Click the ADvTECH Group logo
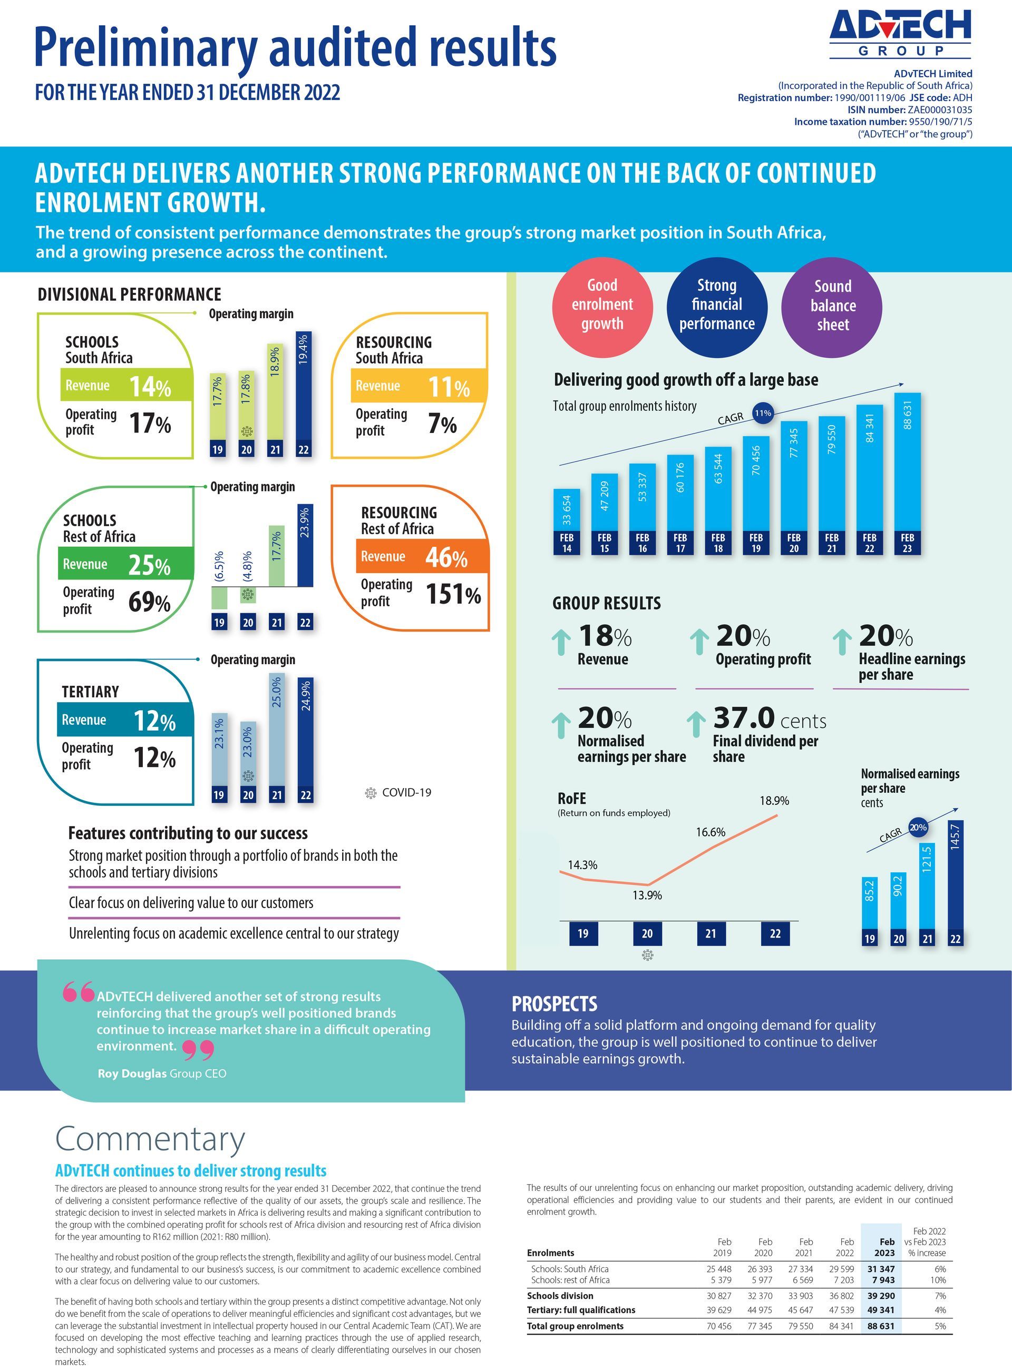click(900, 34)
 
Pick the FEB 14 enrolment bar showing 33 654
click(567, 521)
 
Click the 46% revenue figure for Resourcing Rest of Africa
click(446, 557)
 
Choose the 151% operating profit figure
click(453, 594)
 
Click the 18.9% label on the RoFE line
click(774, 801)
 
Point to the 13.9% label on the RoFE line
click(647, 895)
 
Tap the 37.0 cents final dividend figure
click(770, 718)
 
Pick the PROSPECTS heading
click(554, 1004)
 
